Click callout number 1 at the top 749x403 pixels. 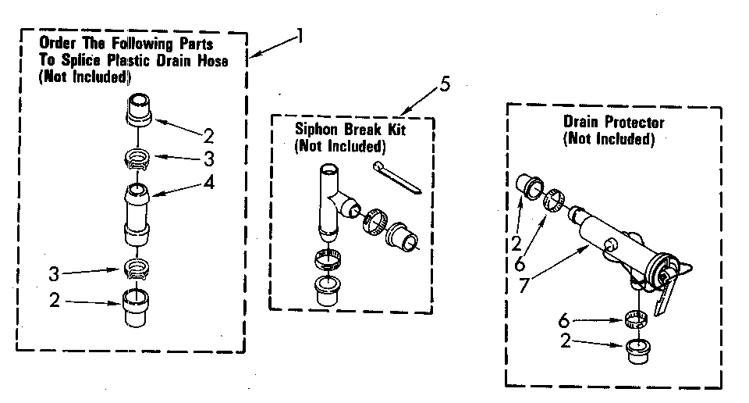[299, 36]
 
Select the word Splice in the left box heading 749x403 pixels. [71, 62]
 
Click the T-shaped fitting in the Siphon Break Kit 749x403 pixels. [332, 199]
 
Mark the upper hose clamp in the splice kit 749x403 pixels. [137, 161]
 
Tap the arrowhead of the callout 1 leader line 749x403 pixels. [252, 57]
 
